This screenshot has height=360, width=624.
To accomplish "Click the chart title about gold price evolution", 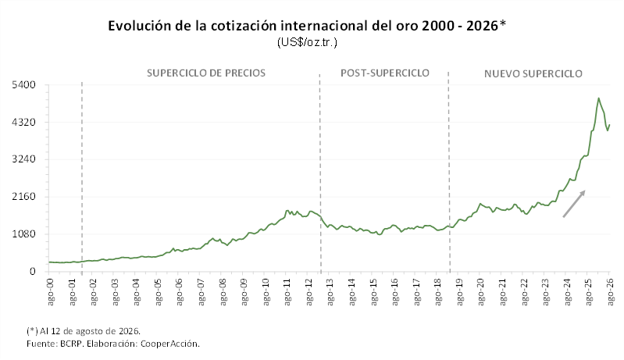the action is tap(307, 26).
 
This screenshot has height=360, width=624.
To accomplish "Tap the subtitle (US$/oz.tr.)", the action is tap(307, 42).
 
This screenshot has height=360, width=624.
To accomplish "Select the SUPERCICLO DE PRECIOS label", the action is tap(206, 73).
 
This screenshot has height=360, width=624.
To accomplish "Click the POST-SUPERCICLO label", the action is tap(385, 73).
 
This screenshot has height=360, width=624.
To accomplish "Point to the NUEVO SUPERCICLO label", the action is tap(533, 73).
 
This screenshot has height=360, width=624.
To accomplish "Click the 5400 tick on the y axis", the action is tap(24, 85).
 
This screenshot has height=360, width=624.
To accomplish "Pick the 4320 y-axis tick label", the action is tap(24, 122).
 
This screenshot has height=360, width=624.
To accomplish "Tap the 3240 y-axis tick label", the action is tap(24, 159).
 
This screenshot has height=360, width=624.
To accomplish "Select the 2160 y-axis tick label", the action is tap(24, 197).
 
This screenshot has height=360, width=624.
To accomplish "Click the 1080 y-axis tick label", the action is tap(24, 234).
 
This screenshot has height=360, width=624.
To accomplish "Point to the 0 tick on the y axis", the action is tap(33, 271).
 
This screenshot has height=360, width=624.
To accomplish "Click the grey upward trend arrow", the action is tap(574, 204).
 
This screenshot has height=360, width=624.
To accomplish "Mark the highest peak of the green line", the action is tap(598, 98).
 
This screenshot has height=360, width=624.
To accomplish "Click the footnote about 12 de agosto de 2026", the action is tap(84, 331).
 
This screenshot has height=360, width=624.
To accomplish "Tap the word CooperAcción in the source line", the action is tap(170, 344).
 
